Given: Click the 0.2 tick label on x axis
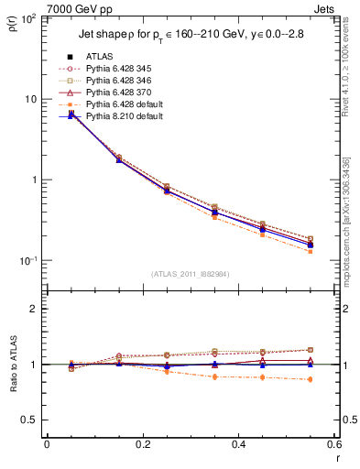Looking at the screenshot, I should pos(142,444).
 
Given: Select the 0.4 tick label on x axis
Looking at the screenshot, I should pos(238,444).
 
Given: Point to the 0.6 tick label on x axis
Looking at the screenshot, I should pos(333,444).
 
